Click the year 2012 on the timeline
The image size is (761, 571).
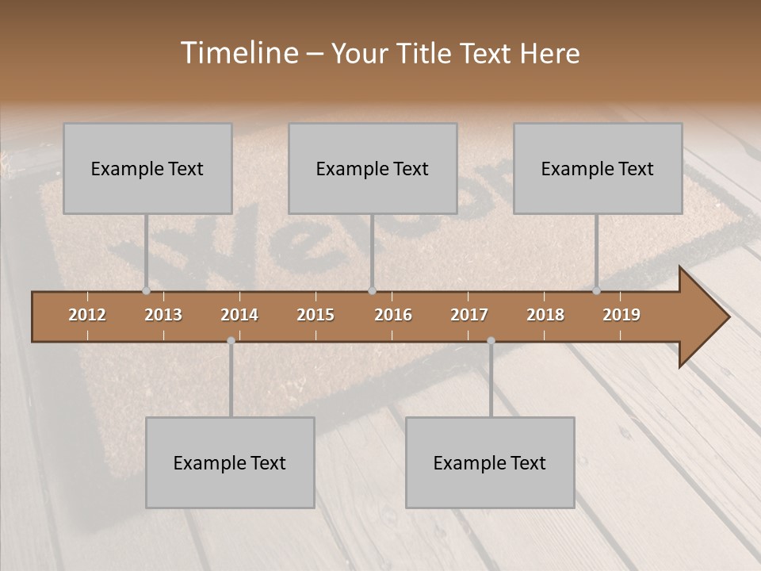click(x=87, y=315)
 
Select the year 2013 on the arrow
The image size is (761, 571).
click(x=163, y=315)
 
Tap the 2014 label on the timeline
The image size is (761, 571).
click(x=239, y=315)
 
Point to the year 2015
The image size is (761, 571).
click(x=315, y=315)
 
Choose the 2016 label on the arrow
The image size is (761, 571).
click(x=393, y=315)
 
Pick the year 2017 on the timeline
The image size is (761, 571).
click(x=469, y=315)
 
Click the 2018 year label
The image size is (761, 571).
click(x=545, y=315)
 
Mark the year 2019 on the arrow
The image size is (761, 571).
click(x=621, y=315)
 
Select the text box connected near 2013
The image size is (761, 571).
click(x=147, y=168)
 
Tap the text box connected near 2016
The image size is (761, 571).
click(x=373, y=168)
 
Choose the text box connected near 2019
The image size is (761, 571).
click(x=598, y=168)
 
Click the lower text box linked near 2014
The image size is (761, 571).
click(x=230, y=462)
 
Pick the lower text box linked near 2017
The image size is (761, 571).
click(x=490, y=462)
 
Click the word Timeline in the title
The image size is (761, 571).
click(x=239, y=53)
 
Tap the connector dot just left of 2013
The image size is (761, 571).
click(x=146, y=290)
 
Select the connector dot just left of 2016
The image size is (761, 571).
click(x=372, y=290)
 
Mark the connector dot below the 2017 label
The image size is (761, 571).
click(x=491, y=341)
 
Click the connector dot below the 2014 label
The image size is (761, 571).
click(x=231, y=341)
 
